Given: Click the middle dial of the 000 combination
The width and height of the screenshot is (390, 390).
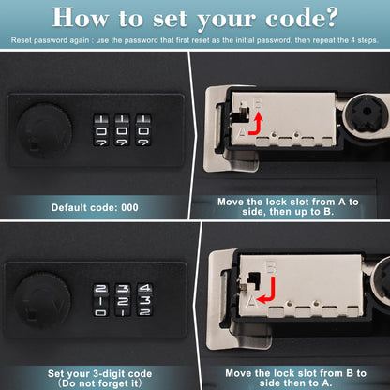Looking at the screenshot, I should click(x=122, y=131).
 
